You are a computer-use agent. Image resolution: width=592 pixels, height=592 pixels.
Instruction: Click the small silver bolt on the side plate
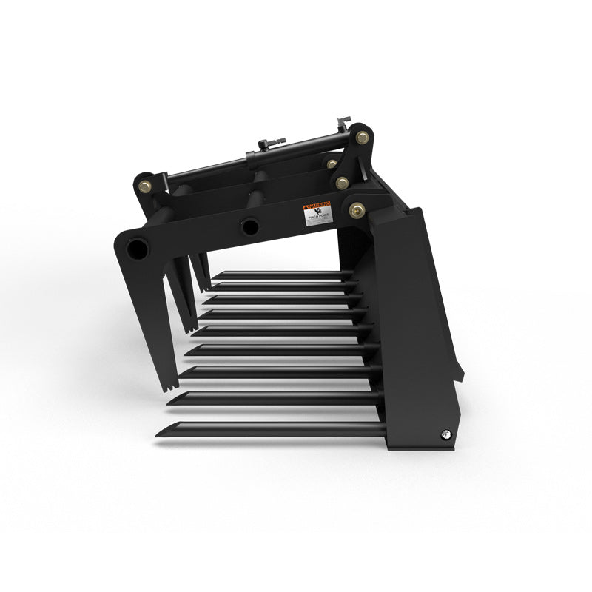click(444, 434)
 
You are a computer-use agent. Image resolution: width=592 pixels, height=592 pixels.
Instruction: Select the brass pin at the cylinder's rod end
click(362, 137)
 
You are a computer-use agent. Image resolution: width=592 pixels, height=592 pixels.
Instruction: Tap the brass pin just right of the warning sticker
click(357, 210)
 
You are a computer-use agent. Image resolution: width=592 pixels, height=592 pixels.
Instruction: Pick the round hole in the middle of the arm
click(250, 224)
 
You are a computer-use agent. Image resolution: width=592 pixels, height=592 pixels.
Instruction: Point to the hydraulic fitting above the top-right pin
click(343, 120)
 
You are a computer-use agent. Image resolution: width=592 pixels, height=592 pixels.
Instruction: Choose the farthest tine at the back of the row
click(281, 274)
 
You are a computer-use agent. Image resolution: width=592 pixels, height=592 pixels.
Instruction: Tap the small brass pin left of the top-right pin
click(332, 164)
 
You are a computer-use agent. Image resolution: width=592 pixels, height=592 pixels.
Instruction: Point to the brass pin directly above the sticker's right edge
click(341, 181)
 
